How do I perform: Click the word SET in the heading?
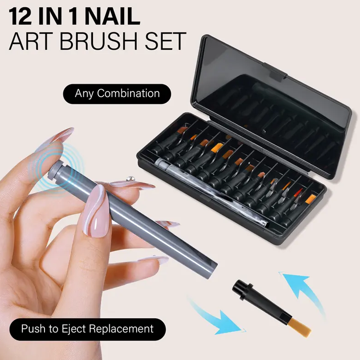pos(164,41)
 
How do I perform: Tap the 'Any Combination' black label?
pos(117,94)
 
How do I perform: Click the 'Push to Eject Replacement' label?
pos(87,329)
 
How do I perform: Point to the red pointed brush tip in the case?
pos(298,193)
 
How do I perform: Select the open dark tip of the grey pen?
pos(211,270)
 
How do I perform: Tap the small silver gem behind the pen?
pos(130,178)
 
